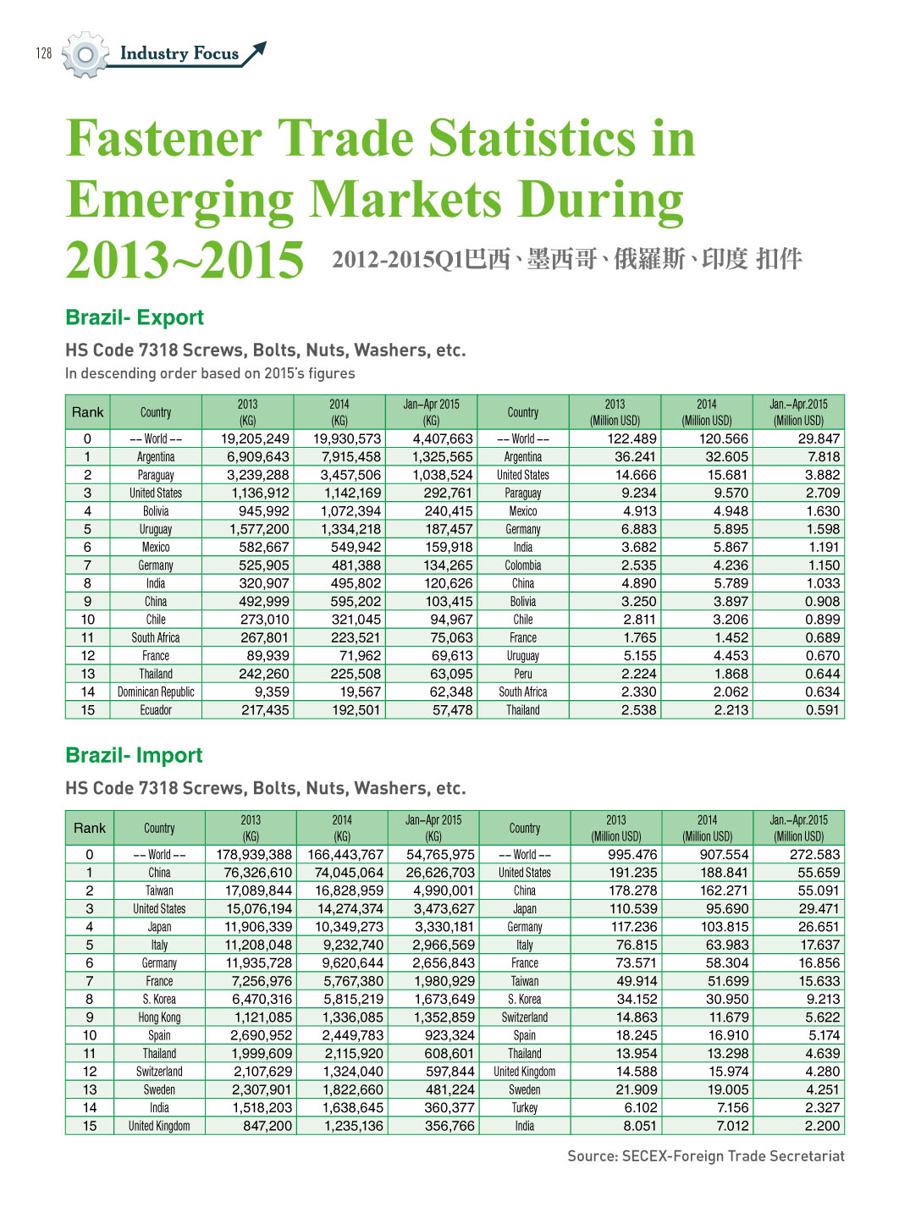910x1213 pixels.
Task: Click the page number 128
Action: click(44, 53)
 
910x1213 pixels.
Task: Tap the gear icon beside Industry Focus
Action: click(85, 55)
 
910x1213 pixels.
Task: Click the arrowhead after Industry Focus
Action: click(257, 49)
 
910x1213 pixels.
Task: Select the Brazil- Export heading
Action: click(135, 317)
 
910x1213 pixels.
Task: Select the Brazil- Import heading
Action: click(134, 755)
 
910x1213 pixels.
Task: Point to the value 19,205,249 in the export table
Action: click(255, 438)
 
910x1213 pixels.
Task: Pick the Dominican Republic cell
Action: click(156, 692)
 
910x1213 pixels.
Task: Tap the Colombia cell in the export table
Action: click(522, 565)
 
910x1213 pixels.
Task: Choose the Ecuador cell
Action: click(156, 710)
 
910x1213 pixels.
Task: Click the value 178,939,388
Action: click(254, 854)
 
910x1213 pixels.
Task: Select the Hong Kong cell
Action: click(159, 1017)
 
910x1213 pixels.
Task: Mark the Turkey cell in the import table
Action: click(524, 1107)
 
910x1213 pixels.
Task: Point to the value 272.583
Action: click(814, 854)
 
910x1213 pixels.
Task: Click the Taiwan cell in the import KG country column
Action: click(159, 890)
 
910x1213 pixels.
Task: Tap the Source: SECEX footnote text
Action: click(706, 1156)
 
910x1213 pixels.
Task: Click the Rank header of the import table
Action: click(90, 828)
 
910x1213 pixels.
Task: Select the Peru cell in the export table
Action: click(522, 674)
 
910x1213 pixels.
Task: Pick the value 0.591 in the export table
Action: click(823, 710)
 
